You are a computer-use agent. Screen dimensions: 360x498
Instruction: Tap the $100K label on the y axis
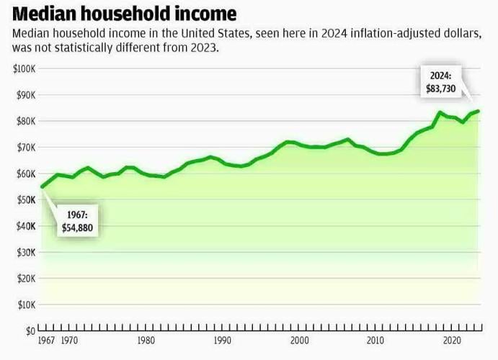coord(25,68)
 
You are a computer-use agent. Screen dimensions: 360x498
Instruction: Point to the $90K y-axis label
coord(25,95)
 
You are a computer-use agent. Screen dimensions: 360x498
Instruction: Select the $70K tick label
coord(25,148)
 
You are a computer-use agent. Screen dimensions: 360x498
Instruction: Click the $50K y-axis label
coord(25,200)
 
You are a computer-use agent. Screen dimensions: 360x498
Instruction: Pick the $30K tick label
coord(25,253)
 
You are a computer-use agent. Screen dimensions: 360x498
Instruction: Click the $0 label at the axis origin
coord(30,331)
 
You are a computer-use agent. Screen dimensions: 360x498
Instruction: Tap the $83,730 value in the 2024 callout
coord(441,89)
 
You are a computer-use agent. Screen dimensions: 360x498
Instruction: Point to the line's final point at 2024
coord(479,111)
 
